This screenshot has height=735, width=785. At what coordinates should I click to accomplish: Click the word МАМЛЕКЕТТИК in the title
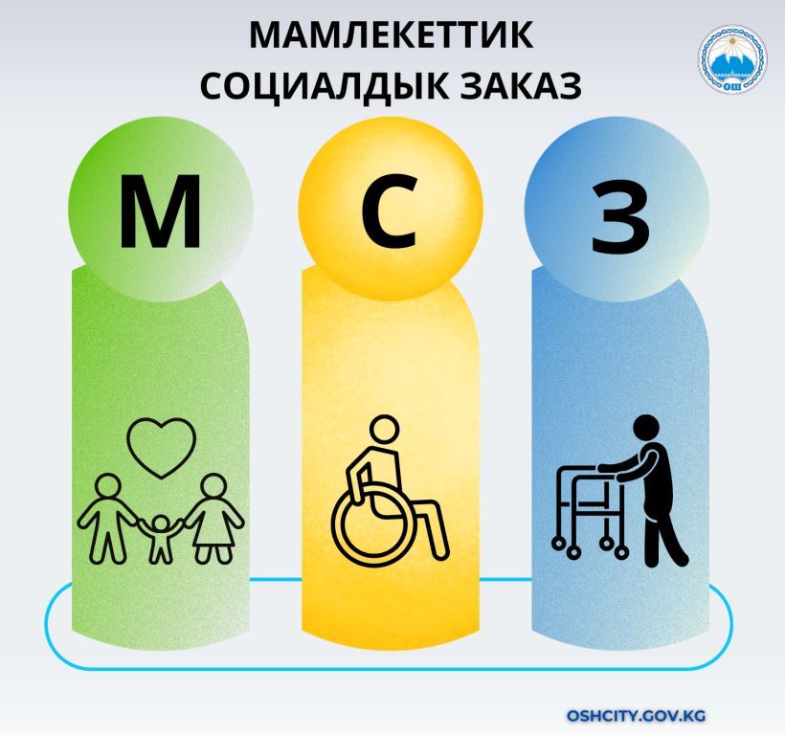(x=391, y=34)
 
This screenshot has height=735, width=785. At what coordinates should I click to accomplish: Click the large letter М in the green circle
(x=160, y=212)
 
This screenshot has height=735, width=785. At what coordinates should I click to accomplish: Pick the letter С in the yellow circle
(x=389, y=211)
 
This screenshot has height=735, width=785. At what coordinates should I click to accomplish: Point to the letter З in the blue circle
(x=620, y=218)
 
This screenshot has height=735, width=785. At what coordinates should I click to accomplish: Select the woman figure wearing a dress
(x=213, y=519)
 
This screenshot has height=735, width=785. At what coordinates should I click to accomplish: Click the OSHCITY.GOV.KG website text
(x=636, y=716)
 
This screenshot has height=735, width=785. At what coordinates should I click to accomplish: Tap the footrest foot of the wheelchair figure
(x=438, y=551)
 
